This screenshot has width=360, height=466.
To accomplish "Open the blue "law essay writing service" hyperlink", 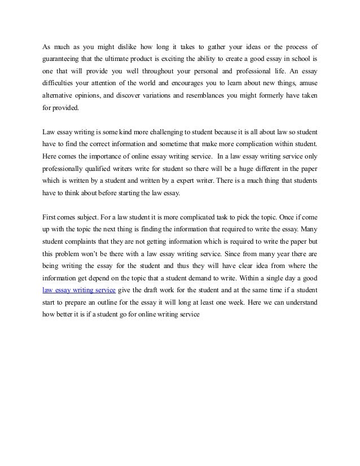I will point(79,290).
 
